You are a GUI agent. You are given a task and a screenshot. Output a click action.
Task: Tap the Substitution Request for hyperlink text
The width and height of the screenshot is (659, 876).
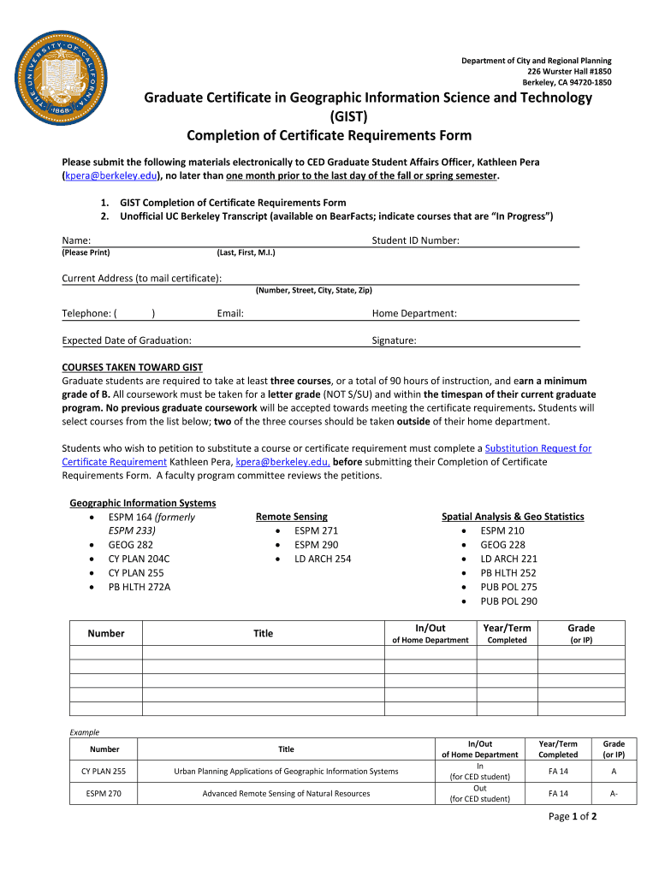[x=537, y=448]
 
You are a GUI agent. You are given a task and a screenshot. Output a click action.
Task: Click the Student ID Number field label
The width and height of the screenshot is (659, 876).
[x=415, y=241]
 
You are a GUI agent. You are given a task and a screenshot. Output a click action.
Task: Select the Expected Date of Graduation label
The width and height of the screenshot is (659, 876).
[x=127, y=340]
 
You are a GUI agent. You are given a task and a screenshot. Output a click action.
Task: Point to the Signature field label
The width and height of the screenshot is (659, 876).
[x=394, y=340]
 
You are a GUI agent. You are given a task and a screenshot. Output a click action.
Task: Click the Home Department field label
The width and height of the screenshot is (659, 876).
[x=414, y=314]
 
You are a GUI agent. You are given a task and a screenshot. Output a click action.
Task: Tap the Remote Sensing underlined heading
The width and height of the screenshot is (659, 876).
[x=291, y=517]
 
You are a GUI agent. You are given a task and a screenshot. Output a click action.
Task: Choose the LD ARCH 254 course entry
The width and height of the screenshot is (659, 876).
[x=323, y=559]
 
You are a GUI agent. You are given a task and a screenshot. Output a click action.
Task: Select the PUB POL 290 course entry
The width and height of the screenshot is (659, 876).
[x=508, y=601]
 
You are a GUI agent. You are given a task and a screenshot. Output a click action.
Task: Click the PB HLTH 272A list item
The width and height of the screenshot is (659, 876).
[x=140, y=587]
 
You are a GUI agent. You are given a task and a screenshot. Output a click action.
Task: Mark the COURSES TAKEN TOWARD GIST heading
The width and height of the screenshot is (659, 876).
[x=132, y=367]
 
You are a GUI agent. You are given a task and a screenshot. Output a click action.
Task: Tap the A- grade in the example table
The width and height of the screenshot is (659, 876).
[x=614, y=793]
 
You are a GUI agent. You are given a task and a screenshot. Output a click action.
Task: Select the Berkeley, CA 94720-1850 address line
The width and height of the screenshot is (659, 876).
[x=567, y=83]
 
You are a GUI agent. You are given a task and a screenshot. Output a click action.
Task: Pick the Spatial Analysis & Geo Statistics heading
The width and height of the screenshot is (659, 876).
[x=513, y=517]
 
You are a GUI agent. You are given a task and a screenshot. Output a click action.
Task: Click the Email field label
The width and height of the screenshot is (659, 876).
[x=230, y=314]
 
